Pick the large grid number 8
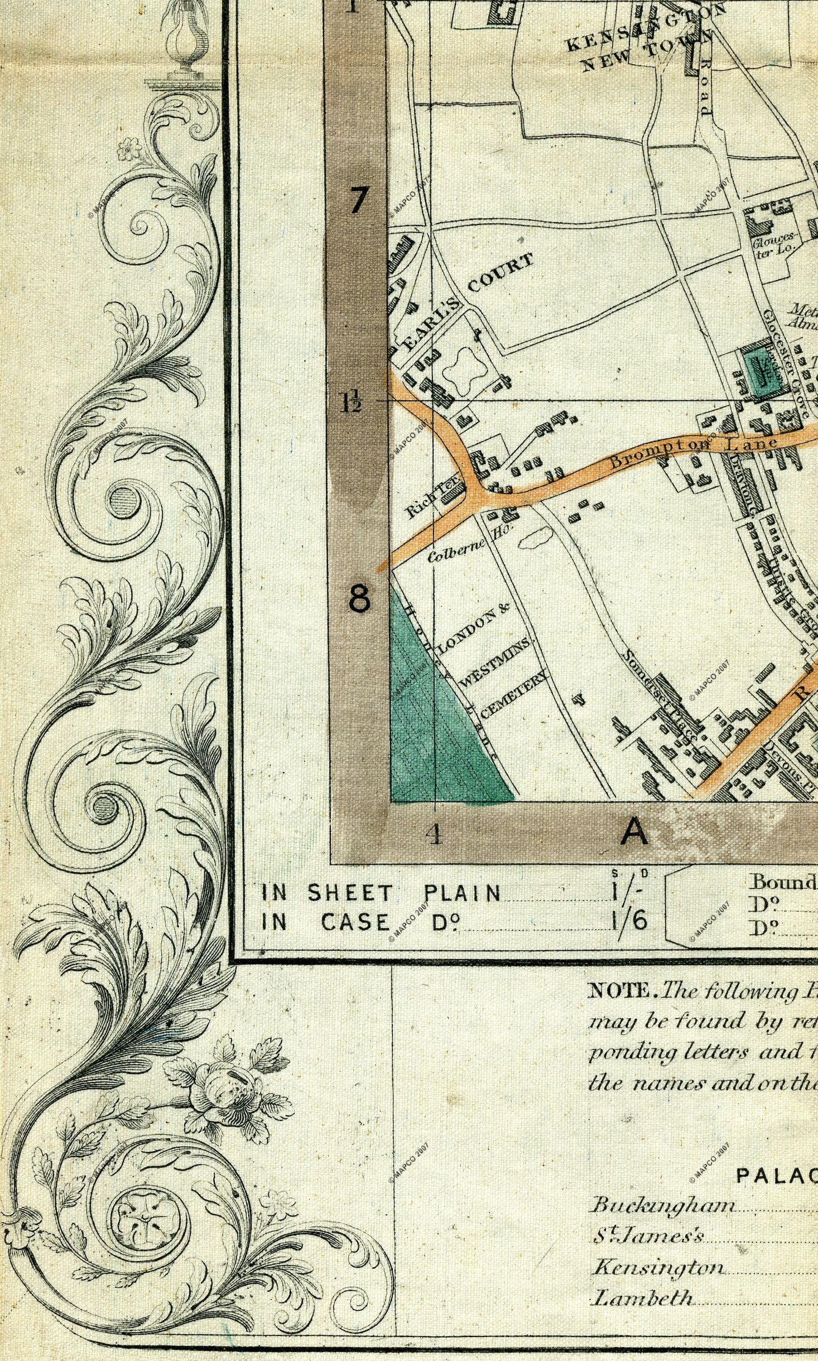359,600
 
